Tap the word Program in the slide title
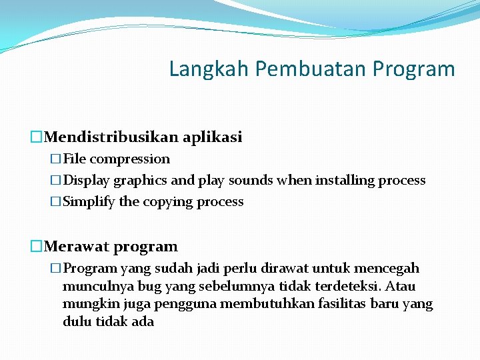point(414,69)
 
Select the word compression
point(130,159)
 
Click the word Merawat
point(77,247)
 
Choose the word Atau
point(400,286)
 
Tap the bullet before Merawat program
point(37,247)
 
